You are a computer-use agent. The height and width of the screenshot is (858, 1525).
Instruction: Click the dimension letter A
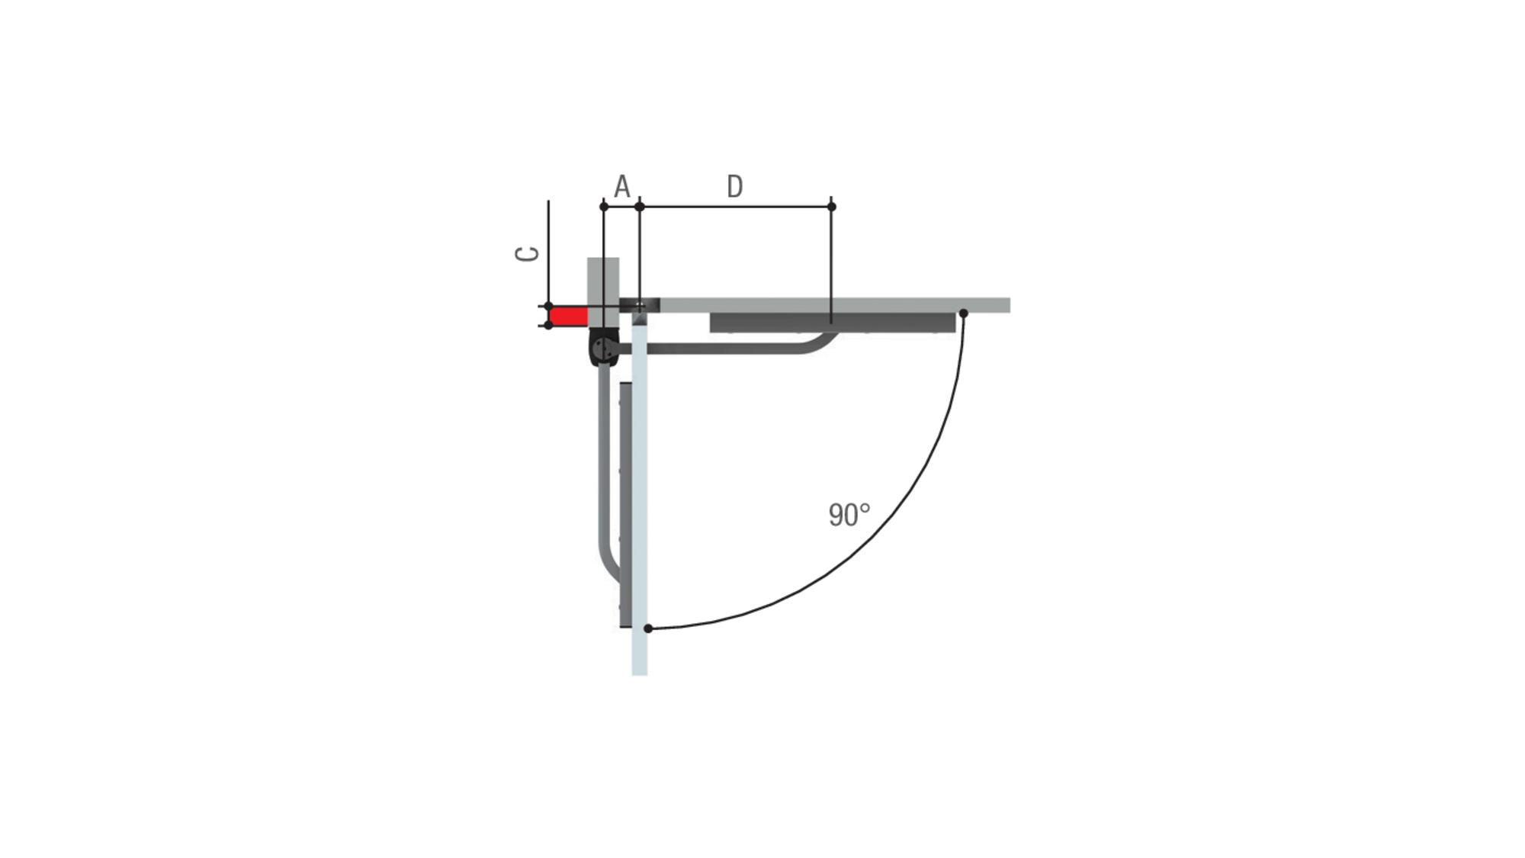[622, 186]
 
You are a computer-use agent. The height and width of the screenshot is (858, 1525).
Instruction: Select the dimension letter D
[734, 186]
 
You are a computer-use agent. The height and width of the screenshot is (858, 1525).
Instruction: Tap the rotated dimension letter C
[527, 254]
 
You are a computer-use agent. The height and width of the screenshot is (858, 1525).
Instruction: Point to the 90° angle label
[849, 515]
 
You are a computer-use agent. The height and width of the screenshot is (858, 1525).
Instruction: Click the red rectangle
[569, 316]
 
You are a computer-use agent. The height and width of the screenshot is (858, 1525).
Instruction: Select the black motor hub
[604, 347]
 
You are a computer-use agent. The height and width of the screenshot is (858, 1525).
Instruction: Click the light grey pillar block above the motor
[603, 293]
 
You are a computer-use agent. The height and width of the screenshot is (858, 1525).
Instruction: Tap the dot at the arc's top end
[963, 313]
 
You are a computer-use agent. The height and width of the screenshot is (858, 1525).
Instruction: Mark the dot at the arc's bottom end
[648, 628]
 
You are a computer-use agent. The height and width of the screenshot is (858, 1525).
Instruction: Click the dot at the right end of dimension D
[831, 207]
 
